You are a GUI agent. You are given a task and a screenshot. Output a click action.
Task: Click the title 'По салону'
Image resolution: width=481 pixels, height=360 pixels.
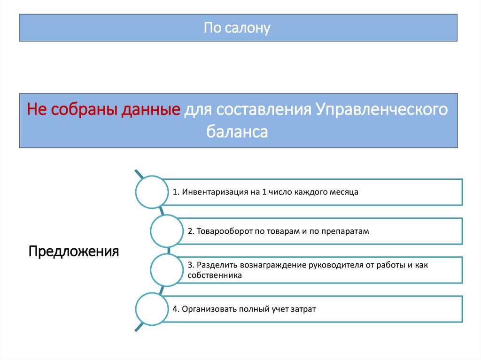click(x=237, y=28)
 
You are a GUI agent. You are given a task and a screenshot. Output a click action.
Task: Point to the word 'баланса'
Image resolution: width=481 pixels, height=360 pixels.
click(x=237, y=131)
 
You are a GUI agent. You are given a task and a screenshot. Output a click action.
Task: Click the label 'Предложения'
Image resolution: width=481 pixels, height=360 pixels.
click(x=74, y=251)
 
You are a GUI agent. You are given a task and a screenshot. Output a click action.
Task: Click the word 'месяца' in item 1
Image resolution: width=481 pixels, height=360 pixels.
click(x=344, y=192)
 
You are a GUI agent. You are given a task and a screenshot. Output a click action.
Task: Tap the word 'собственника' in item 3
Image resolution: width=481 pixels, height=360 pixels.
click(x=215, y=276)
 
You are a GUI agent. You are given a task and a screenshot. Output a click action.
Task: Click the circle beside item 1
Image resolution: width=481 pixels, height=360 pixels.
click(x=151, y=191)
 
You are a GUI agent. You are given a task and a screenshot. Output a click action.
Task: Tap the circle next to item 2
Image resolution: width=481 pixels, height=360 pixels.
click(x=167, y=231)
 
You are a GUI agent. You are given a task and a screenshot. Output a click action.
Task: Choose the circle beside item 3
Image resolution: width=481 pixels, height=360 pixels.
click(x=167, y=270)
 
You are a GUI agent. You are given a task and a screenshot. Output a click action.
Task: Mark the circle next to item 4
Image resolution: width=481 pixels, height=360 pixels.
click(x=151, y=309)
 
